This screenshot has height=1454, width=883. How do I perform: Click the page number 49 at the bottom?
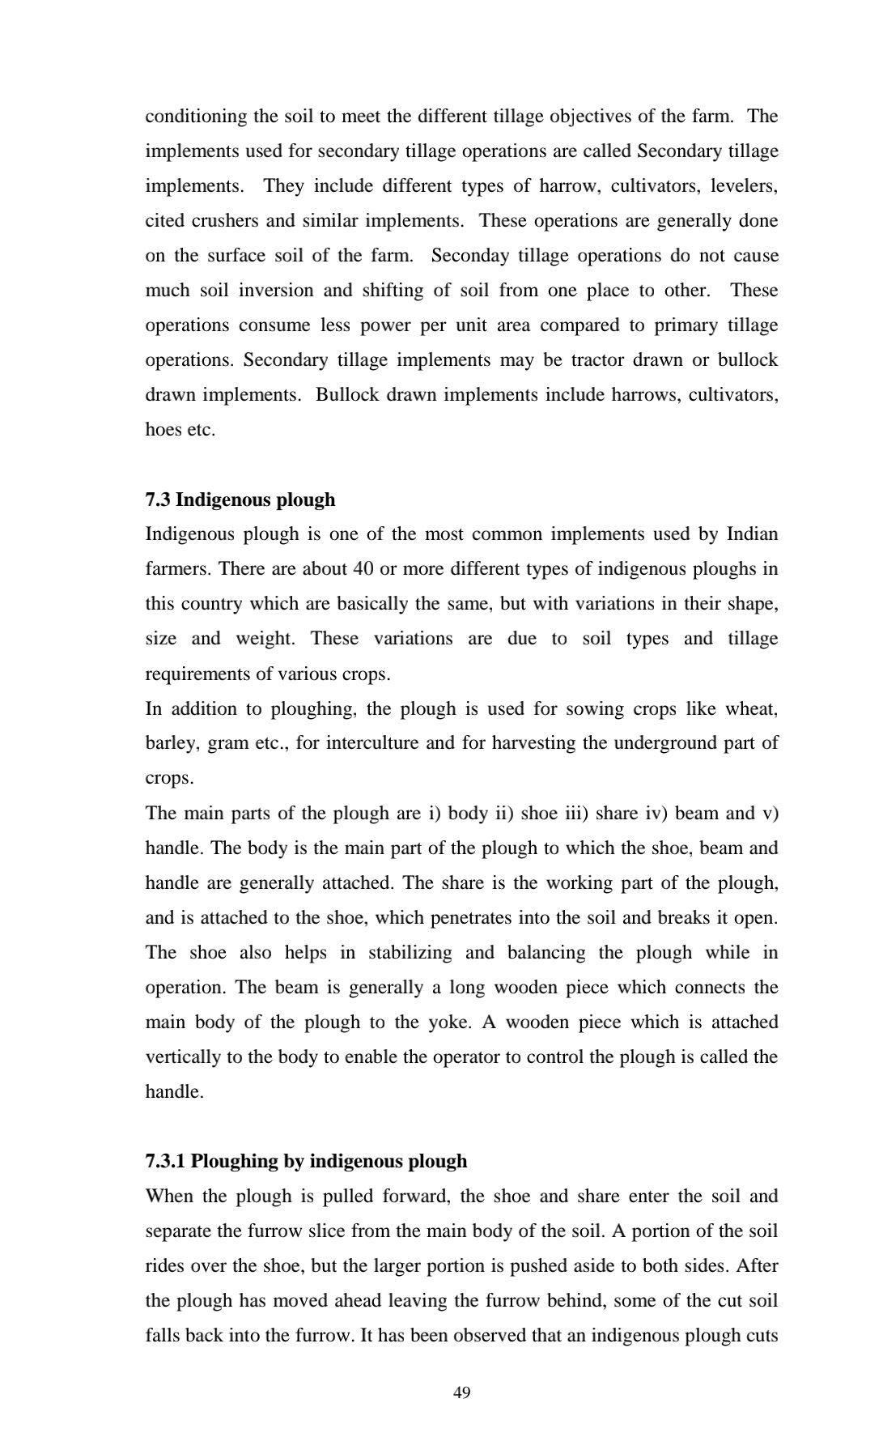[x=462, y=1392]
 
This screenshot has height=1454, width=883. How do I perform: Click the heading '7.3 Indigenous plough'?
[x=240, y=500]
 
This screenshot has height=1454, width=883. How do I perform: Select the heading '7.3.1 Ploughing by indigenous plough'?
[x=306, y=1161]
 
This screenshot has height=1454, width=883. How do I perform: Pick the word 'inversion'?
[x=275, y=291]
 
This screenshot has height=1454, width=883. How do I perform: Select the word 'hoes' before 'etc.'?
[x=163, y=430]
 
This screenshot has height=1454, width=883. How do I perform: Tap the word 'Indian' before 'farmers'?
[x=752, y=534]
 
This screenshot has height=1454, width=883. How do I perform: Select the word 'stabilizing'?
[x=410, y=953]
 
